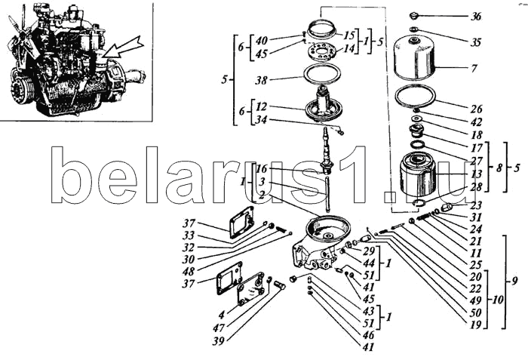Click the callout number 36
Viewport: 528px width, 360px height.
(x=476, y=16)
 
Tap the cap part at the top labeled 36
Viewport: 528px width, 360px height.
(x=413, y=16)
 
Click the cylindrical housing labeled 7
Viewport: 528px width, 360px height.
(x=415, y=60)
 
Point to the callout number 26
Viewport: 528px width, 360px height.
(x=476, y=109)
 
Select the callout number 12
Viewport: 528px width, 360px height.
(x=261, y=106)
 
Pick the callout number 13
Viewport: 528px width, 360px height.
(x=475, y=174)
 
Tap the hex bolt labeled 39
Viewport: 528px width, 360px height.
(x=280, y=287)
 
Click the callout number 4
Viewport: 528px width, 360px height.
(x=221, y=315)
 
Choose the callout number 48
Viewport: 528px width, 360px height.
(x=189, y=271)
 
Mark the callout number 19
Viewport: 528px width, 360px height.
(x=475, y=325)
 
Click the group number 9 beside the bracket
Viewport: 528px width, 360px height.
(x=514, y=281)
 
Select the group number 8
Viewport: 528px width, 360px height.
(x=499, y=168)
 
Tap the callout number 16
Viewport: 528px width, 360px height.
(x=261, y=168)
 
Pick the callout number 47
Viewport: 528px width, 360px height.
(x=219, y=328)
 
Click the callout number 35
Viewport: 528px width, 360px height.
(x=476, y=42)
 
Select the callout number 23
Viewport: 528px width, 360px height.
(x=476, y=205)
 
